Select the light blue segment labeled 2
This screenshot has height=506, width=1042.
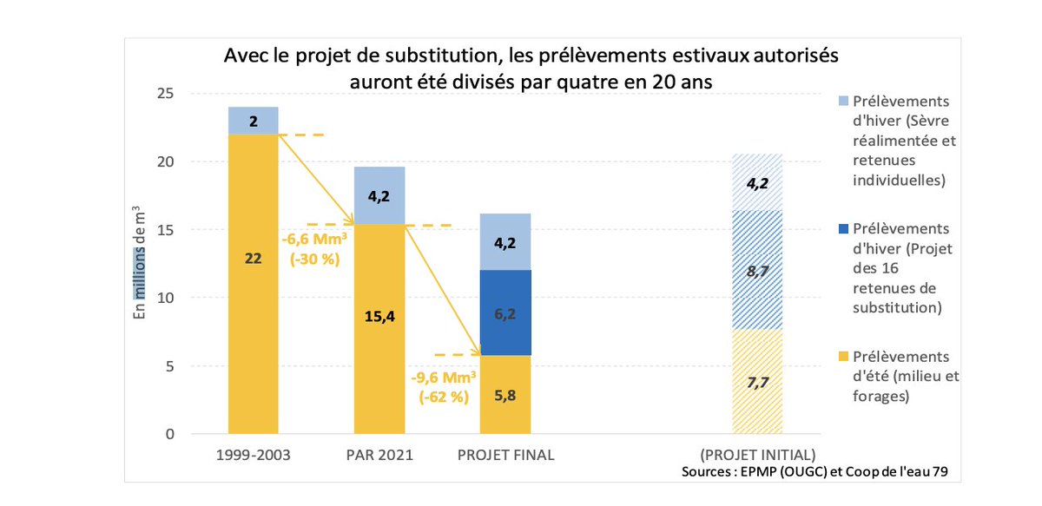coord(253,121)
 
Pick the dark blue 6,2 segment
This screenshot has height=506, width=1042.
coord(506,312)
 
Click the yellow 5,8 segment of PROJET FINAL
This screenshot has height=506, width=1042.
coord(506,394)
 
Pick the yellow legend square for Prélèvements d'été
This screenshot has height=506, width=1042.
coord(841,358)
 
